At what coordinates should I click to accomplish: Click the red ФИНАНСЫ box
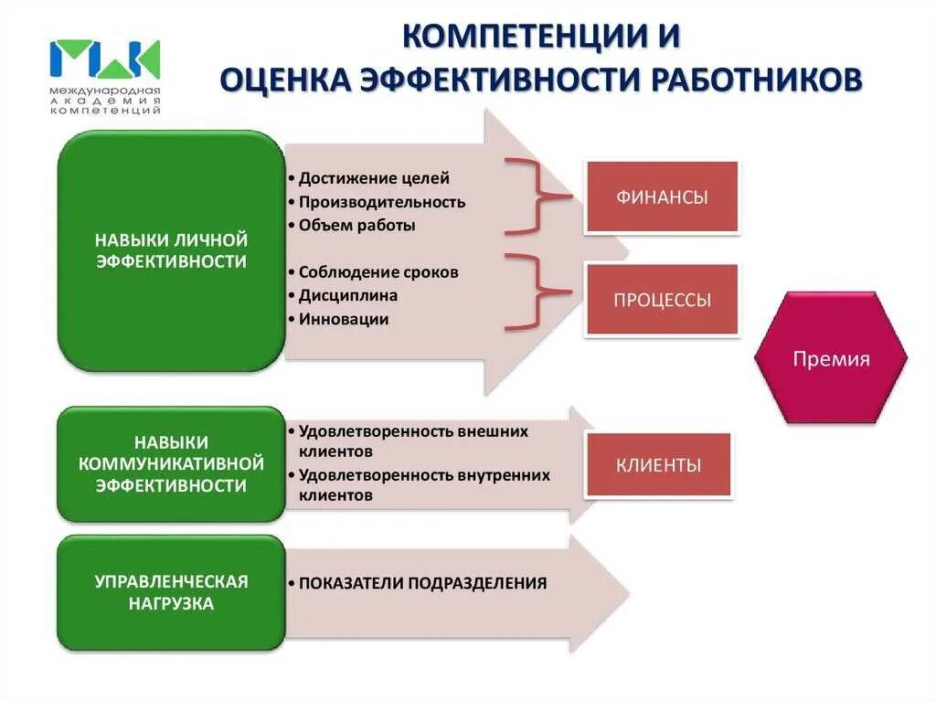pos(662,196)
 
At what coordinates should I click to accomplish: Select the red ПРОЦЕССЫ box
pos(662,300)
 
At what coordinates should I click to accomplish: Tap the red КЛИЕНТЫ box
pos(658,465)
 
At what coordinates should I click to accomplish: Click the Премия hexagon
pos(831,358)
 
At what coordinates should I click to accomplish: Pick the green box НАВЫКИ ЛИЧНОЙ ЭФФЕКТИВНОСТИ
pos(171,250)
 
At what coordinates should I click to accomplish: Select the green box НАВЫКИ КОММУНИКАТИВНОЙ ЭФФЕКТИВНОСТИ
pos(171,463)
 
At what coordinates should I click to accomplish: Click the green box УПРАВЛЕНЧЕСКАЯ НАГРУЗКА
pos(171,592)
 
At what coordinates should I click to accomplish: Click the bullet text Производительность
pos(381,202)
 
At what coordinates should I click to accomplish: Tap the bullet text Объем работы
pos(356,225)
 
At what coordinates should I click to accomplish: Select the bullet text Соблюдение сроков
pos(378,272)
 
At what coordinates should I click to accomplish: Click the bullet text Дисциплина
pos(347,296)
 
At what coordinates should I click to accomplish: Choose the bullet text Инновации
pos(344,319)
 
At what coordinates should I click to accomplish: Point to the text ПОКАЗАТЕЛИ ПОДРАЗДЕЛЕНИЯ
pos(422,583)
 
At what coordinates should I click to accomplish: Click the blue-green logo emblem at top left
pos(105,58)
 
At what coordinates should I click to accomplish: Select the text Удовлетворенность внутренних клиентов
pos(424,485)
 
